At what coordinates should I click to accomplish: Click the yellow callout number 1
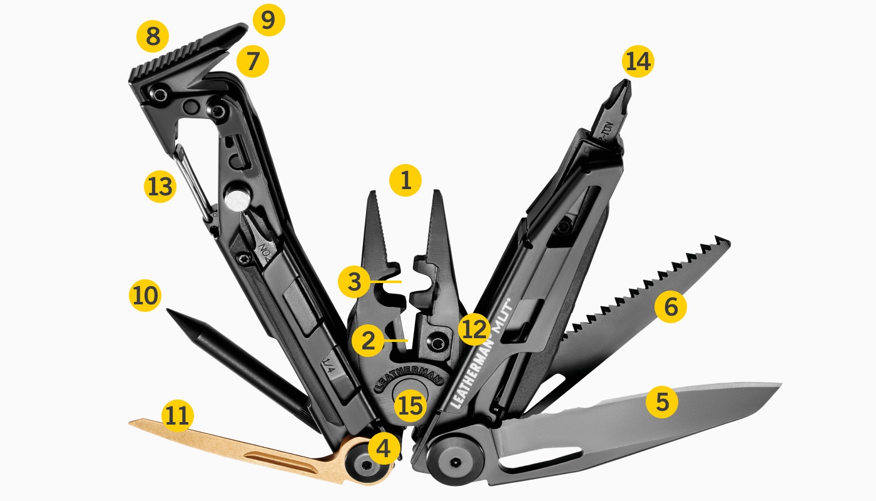405,182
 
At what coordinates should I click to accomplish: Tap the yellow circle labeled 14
638,63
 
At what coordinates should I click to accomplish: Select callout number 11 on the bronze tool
178,417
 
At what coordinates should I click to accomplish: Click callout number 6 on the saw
671,307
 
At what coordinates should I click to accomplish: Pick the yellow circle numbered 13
160,187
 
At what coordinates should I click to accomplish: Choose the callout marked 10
145,295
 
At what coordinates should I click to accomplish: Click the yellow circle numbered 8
153,37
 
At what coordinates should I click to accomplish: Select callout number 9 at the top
268,21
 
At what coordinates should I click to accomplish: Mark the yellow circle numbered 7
252,61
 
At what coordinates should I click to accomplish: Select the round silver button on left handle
238,201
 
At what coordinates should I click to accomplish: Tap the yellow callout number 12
474,329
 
